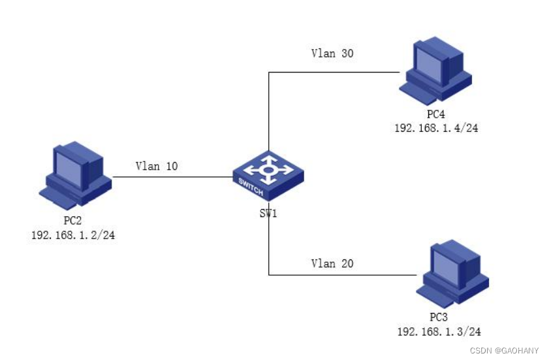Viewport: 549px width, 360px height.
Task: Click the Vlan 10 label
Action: pyautogui.click(x=157, y=166)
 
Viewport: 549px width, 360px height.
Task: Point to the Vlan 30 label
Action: pyautogui.click(x=332, y=54)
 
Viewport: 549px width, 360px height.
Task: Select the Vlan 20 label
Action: pyautogui.click(x=332, y=263)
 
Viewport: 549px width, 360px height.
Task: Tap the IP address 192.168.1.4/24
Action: pyautogui.click(x=436, y=128)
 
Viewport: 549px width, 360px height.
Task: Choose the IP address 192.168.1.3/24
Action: pyautogui.click(x=439, y=331)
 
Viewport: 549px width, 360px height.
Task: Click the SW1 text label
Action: pyautogui.click(x=268, y=213)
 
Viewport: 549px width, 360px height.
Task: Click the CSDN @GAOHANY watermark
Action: pyautogui.click(x=505, y=350)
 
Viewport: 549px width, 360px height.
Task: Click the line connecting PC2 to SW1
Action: pyautogui.click(x=173, y=176)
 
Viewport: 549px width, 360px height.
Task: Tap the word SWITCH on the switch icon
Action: pyautogui.click(x=251, y=188)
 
